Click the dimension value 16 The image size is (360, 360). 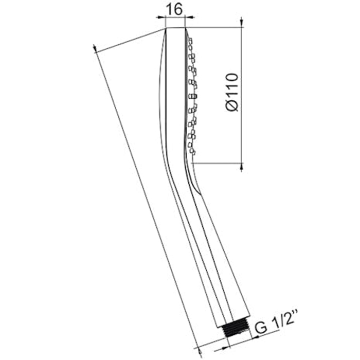(x=174, y=9)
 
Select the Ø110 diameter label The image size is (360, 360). (x=232, y=92)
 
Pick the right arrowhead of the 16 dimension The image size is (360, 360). (x=190, y=17)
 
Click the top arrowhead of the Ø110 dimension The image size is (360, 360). (x=241, y=22)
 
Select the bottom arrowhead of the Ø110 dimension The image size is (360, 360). (x=241, y=167)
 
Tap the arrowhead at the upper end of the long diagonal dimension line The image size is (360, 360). (x=95, y=49)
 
